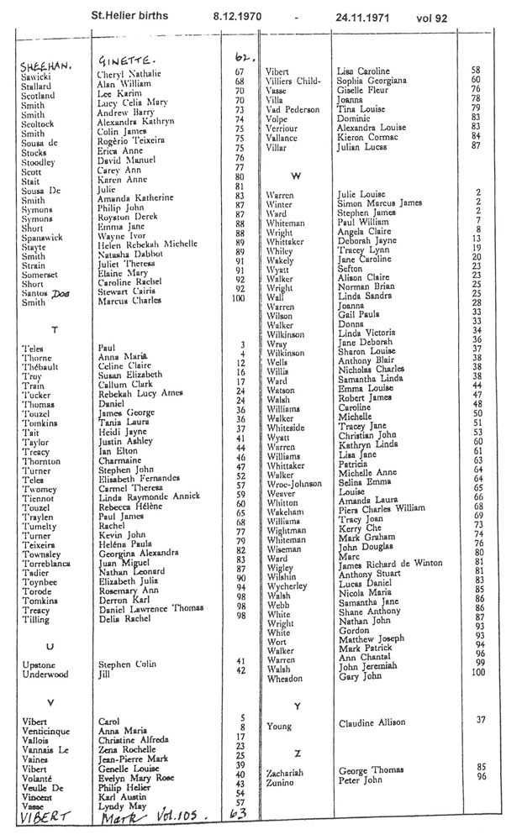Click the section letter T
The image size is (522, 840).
(55, 329)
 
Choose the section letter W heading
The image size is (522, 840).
(295, 176)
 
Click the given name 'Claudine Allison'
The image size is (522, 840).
(371, 722)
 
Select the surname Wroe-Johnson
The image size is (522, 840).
(296, 485)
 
